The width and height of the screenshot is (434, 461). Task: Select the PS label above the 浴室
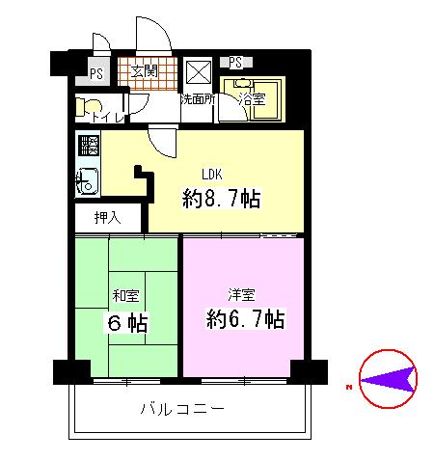pos(236,63)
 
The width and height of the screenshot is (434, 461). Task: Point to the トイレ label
pos(105,118)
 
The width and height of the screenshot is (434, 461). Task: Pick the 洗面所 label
pos(198,98)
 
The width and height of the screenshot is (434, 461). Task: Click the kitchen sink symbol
pos(87,179)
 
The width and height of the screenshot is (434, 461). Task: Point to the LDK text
pos(213,175)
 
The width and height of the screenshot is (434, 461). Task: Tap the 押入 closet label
pos(107,217)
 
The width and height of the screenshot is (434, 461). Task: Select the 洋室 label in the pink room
pos(241,293)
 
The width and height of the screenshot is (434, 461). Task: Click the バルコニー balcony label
pos(181,409)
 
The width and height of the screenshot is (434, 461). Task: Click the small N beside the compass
pos(347,387)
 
